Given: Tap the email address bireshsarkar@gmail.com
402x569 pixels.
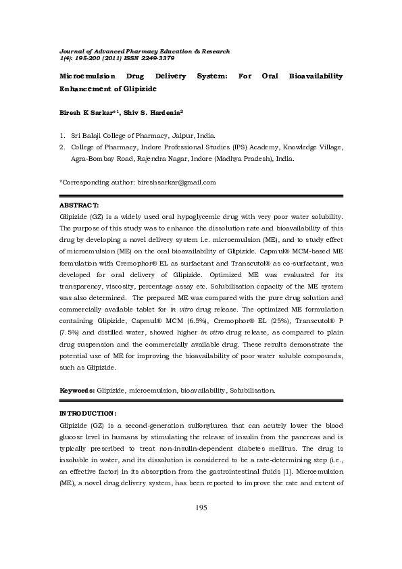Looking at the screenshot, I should click(x=176, y=182).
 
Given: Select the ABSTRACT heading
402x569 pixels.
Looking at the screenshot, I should click(x=80, y=205).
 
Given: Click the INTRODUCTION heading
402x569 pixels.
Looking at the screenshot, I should click(x=89, y=412).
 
